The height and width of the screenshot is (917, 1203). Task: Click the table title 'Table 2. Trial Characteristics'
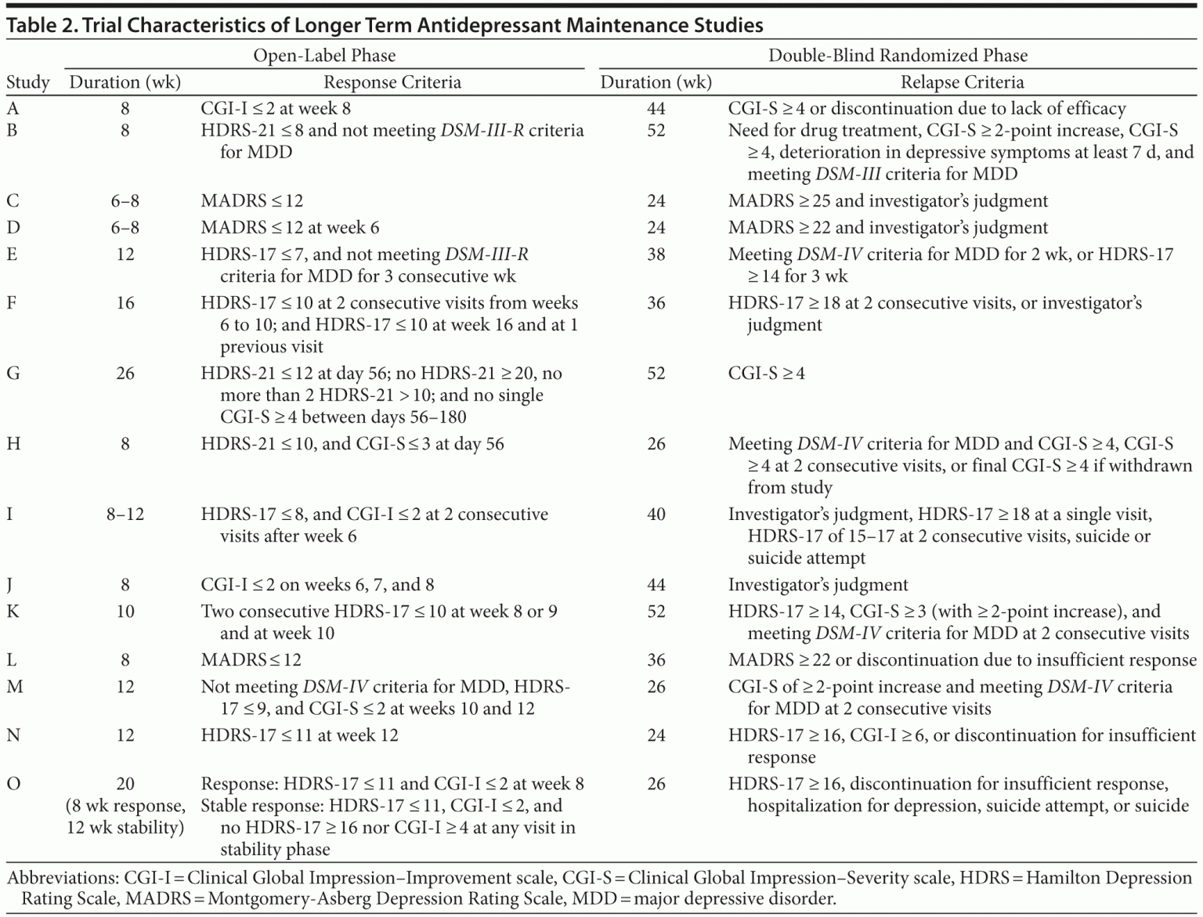tap(384, 26)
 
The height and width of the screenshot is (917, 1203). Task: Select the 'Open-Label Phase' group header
tap(324, 56)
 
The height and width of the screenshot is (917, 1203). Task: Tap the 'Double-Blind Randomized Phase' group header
tap(898, 56)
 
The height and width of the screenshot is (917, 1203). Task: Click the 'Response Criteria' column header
tap(392, 82)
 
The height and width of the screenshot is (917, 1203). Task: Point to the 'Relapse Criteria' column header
tap(962, 82)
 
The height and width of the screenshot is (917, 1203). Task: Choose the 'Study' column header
tap(28, 82)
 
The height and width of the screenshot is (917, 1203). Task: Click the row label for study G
tap(13, 374)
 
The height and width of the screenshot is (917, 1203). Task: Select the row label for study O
tap(13, 784)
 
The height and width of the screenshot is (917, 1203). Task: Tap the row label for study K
tap(13, 612)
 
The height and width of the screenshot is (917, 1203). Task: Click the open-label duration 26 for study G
tap(125, 374)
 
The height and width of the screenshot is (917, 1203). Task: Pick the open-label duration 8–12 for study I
tap(125, 514)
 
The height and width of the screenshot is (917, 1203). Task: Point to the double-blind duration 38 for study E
tap(656, 255)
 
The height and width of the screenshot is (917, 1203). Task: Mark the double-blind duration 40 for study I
tap(656, 514)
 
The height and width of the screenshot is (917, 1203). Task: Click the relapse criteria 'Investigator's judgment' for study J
tap(818, 585)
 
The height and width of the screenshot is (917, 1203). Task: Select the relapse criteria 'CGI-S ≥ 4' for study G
tap(766, 374)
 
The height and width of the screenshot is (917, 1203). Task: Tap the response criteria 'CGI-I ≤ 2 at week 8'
tap(276, 109)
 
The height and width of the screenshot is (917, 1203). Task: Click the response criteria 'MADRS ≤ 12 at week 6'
tap(290, 228)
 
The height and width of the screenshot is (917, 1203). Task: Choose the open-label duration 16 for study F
tap(125, 303)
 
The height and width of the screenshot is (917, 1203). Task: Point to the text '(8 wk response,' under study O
tap(125, 806)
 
